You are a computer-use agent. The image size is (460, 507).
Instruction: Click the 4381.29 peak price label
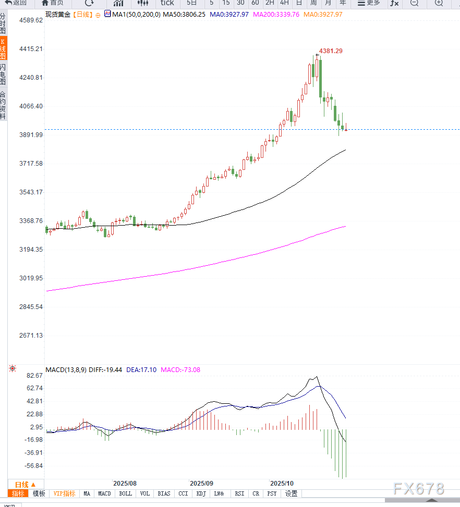[x=331, y=51]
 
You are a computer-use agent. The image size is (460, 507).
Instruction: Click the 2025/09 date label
[x=201, y=484]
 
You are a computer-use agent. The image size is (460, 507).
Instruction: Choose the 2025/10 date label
[x=281, y=484]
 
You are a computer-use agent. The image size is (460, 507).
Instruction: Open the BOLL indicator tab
[x=125, y=493]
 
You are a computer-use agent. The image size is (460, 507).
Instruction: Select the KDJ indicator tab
[x=201, y=493]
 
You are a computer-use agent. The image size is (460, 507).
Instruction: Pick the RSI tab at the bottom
[x=239, y=493]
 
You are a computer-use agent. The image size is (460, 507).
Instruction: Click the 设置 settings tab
[x=291, y=493]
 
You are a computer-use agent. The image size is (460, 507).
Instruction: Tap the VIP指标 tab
[x=65, y=493]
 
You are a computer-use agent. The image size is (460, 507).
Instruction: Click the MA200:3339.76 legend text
[x=276, y=15]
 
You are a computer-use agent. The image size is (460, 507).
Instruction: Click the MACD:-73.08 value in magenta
[x=180, y=370]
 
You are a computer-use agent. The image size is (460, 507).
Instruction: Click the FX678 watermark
[x=419, y=489]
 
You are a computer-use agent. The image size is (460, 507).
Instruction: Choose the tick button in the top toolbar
[x=167, y=3]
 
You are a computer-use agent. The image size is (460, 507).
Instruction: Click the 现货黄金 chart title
[x=57, y=15]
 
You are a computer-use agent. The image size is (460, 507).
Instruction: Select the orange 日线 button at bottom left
[x=25, y=484]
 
